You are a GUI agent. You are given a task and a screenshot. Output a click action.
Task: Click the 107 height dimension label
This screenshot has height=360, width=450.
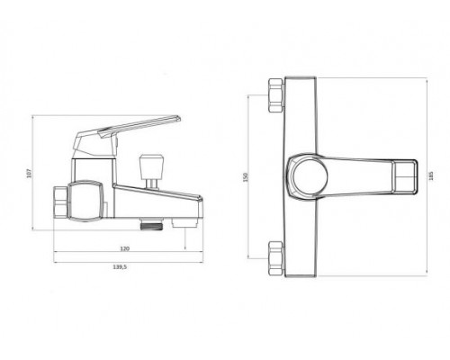tap(29, 174)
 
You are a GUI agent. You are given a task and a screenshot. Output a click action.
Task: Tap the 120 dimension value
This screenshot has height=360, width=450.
tap(125, 248)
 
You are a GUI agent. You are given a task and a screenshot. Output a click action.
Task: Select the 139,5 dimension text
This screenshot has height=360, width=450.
tap(121, 267)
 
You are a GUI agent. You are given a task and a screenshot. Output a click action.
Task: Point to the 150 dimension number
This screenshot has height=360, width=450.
tap(246, 177)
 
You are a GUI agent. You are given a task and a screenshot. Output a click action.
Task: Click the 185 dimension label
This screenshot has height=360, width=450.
tap(431, 175)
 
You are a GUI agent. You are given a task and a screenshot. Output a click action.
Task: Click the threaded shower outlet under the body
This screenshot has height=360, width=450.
tap(152, 224)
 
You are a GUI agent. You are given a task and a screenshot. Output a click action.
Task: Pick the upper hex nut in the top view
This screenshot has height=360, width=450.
tap(276, 95)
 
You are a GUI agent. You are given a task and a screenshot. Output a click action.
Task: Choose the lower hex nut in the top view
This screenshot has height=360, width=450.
tap(276, 258)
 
